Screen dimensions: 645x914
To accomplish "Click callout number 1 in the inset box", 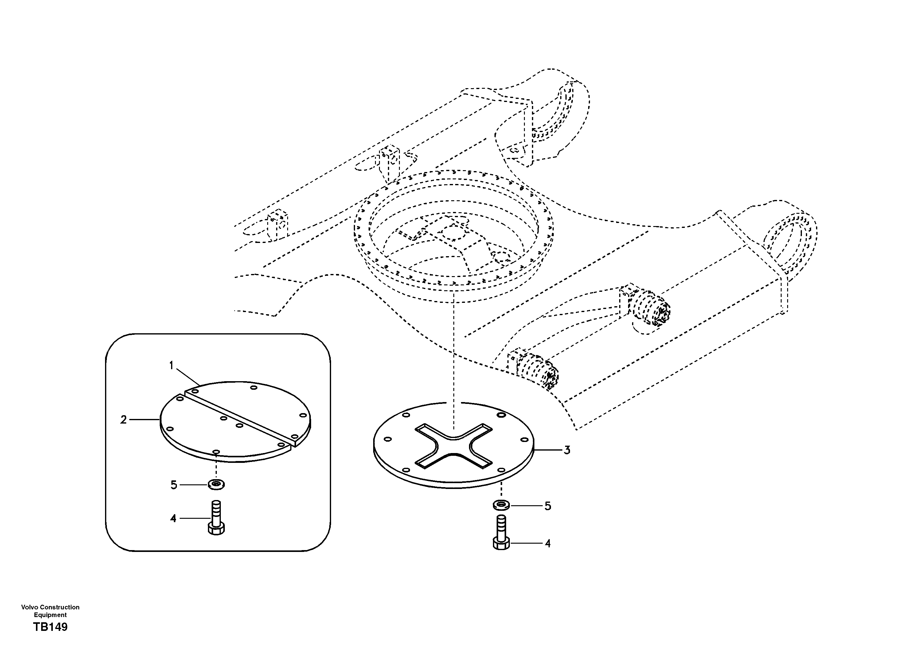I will (172, 365).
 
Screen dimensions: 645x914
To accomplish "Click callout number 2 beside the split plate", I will (123, 420).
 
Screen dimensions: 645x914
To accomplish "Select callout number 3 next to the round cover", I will (567, 450).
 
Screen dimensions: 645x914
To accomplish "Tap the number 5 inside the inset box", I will (174, 485).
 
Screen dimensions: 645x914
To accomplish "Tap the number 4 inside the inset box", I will (173, 518).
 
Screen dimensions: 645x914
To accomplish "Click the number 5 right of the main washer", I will (548, 506).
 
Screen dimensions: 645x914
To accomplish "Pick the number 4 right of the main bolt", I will (548, 543).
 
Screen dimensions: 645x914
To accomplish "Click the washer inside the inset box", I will (216, 485).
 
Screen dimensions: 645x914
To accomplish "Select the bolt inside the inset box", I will (216, 518).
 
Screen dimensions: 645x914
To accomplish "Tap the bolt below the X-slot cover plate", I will (501, 532).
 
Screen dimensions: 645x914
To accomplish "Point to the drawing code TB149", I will (51, 627).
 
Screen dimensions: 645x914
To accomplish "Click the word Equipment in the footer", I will (50, 615).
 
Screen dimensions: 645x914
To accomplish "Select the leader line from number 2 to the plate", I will (144, 420).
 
